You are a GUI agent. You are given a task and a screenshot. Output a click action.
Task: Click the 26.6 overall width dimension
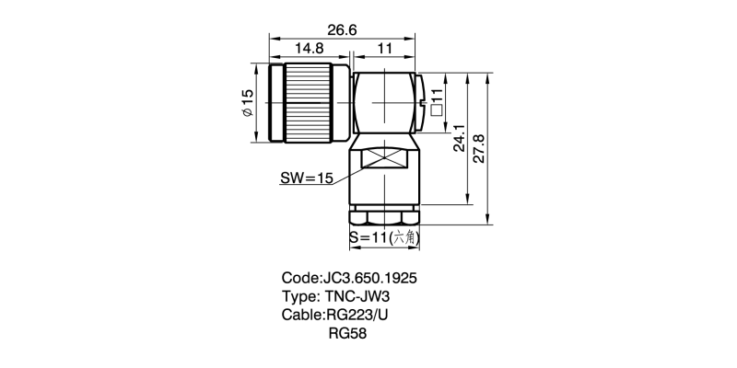point(342,30)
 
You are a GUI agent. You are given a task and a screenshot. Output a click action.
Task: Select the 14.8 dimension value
point(309,47)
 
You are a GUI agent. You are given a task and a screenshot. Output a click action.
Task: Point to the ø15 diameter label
point(247,102)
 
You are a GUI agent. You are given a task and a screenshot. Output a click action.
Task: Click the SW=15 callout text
point(306,178)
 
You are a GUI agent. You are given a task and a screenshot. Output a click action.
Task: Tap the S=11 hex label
point(368,237)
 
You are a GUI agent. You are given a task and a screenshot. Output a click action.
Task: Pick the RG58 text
point(348,333)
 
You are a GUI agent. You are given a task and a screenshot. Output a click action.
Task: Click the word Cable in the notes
point(301,315)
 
